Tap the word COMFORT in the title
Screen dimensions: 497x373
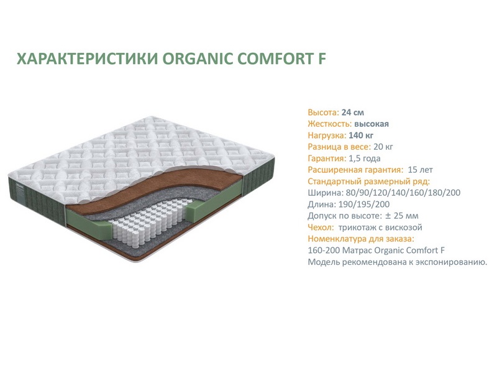pos(273,58)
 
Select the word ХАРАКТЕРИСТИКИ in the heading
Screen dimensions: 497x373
pos(87,58)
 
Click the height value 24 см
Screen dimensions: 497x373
pos(352,113)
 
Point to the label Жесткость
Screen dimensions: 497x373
pos(330,124)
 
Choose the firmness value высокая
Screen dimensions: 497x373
pos(372,124)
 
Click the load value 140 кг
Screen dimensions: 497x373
pos(361,136)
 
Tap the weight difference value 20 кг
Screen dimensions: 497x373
pos(383,147)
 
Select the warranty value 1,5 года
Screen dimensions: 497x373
pos(365,159)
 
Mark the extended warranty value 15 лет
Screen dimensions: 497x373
pos(420,170)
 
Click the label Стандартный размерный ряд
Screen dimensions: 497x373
pos(369,182)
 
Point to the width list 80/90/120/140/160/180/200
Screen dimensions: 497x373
pos(403,193)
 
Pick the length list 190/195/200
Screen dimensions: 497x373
pos(364,205)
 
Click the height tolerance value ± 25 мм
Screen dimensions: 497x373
pos(401,216)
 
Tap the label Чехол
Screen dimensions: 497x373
pos(321,228)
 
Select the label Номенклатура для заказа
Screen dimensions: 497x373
pos(361,239)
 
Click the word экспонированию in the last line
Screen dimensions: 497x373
pos(451,262)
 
